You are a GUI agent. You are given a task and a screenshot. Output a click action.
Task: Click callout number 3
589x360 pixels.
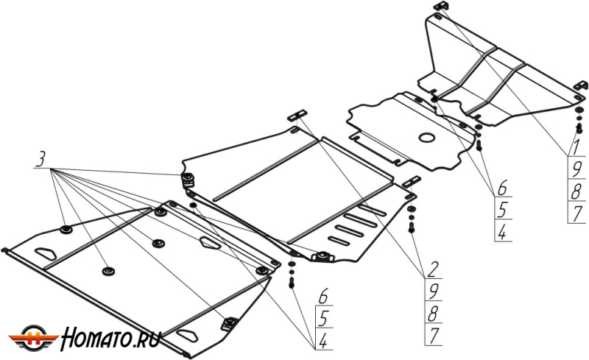pyautogui.click(x=40, y=159)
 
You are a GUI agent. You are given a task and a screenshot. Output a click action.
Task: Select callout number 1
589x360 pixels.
pyautogui.click(x=575, y=147)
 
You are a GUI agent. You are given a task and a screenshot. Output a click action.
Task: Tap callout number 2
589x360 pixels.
pyautogui.click(x=432, y=269)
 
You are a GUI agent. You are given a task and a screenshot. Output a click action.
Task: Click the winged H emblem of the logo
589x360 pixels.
pyautogui.click(x=34, y=337)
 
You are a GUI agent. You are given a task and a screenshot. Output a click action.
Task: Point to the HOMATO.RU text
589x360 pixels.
pyautogui.click(x=111, y=338)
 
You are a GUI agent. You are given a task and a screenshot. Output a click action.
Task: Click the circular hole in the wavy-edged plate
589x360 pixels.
pyautogui.click(x=427, y=138)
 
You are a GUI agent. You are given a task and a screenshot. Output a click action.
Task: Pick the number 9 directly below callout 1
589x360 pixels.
pyautogui.click(x=576, y=169)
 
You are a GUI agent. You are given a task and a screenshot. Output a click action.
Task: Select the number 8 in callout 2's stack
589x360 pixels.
pyautogui.click(x=432, y=313)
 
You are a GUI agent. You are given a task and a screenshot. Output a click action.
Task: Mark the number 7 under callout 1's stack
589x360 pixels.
pyautogui.click(x=576, y=213)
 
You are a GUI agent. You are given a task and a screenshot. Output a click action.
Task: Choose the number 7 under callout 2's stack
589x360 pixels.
pyautogui.click(x=433, y=335)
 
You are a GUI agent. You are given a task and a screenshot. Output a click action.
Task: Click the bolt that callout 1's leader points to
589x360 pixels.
pyautogui.click(x=579, y=128)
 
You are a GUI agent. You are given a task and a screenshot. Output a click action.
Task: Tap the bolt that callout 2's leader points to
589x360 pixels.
pyautogui.click(x=412, y=227)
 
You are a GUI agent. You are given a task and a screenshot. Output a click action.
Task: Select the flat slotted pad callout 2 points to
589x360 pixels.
pyautogui.click(x=297, y=115)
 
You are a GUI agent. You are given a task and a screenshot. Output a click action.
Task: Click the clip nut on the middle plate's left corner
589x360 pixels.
pyautogui.click(x=188, y=179)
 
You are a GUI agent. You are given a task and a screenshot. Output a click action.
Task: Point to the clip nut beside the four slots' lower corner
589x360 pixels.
pyautogui.click(x=322, y=256)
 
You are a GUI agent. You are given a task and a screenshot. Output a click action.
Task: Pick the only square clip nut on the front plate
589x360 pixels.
pyautogui.click(x=229, y=323)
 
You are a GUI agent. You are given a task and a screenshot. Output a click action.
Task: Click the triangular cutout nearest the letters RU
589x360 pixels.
pyautogui.click(x=187, y=335)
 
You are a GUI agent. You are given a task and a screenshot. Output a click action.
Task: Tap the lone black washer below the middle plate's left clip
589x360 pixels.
pyautogui.click(x=193, y=205)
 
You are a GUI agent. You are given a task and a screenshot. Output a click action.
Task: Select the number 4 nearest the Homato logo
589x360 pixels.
pyautogui.click(x=322, y=341)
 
